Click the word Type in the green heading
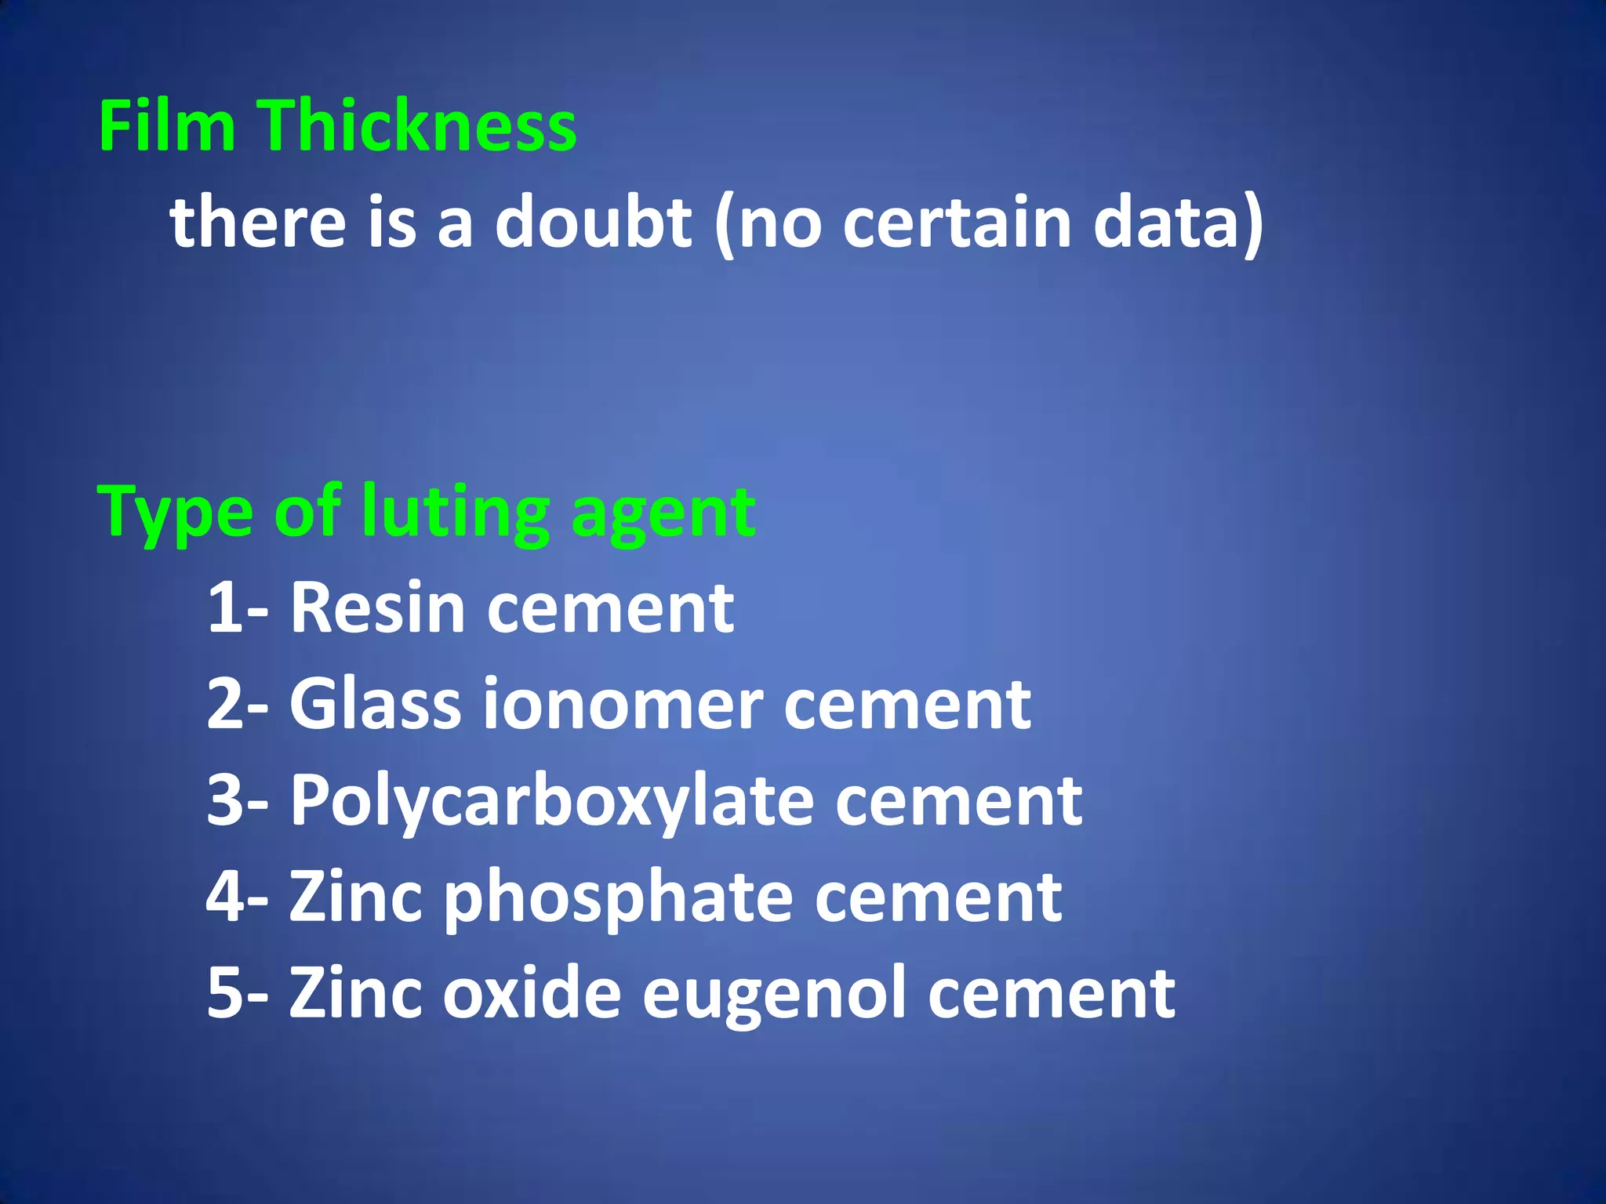tap(175, 513)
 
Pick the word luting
tap(456, 513)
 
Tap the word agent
tap(663, 513)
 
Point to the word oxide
tap(532, 992)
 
